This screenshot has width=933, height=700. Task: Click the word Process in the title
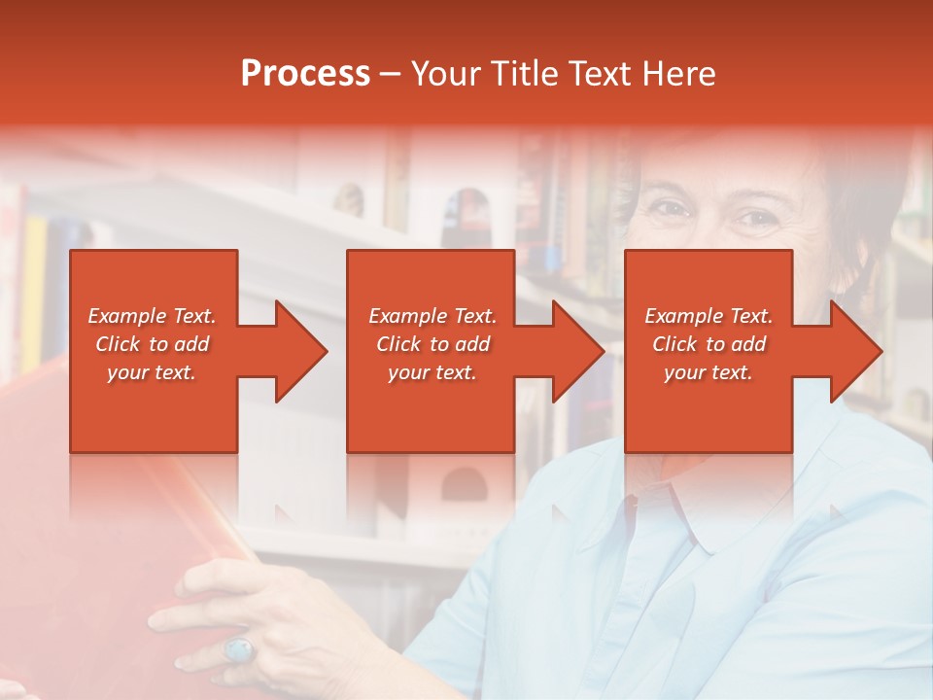tap(305, 74)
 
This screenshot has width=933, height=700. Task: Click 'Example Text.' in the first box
tap(152, 316)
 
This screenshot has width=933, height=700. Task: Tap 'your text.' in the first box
tap(152, 372)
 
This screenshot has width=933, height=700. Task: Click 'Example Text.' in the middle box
tap(432, 316)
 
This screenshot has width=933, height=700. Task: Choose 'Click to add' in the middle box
tap(432, 344)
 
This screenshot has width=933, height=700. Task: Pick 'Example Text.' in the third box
tap(708, 316)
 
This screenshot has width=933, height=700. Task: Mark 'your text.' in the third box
tap(708, 372)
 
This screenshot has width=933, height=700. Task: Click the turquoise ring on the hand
tap(238, 647)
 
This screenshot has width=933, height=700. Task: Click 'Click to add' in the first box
tap(152, 344)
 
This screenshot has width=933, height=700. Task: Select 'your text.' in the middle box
tap(432, 372)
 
